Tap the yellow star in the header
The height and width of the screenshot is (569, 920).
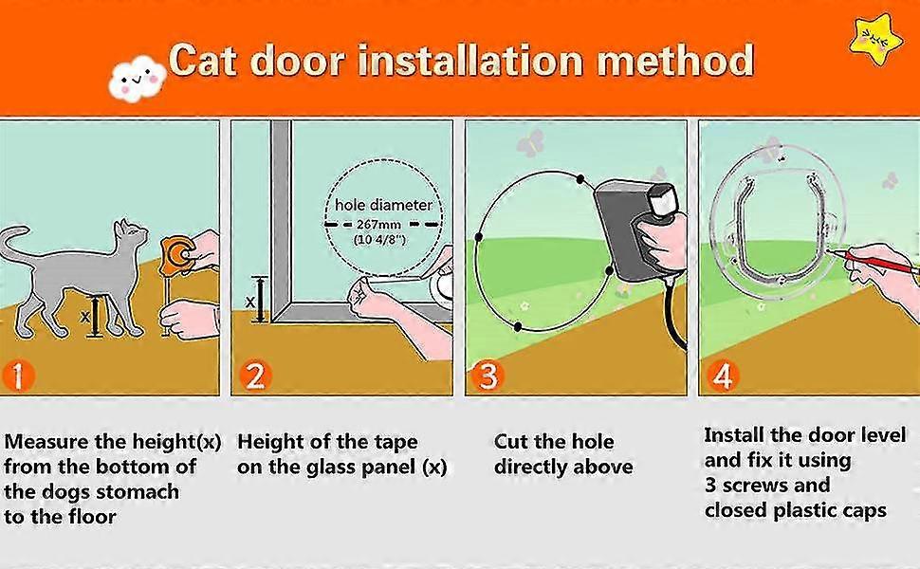[x=873, y=37]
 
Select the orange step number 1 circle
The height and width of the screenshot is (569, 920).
[x=19, y=376]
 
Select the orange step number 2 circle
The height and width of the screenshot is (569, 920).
[x=253, y=376]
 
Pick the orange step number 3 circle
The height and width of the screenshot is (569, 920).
[x=487, y=376]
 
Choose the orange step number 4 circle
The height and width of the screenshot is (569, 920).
[x=722, y=376]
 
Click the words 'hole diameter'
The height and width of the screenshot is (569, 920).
[x=383, y=205]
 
